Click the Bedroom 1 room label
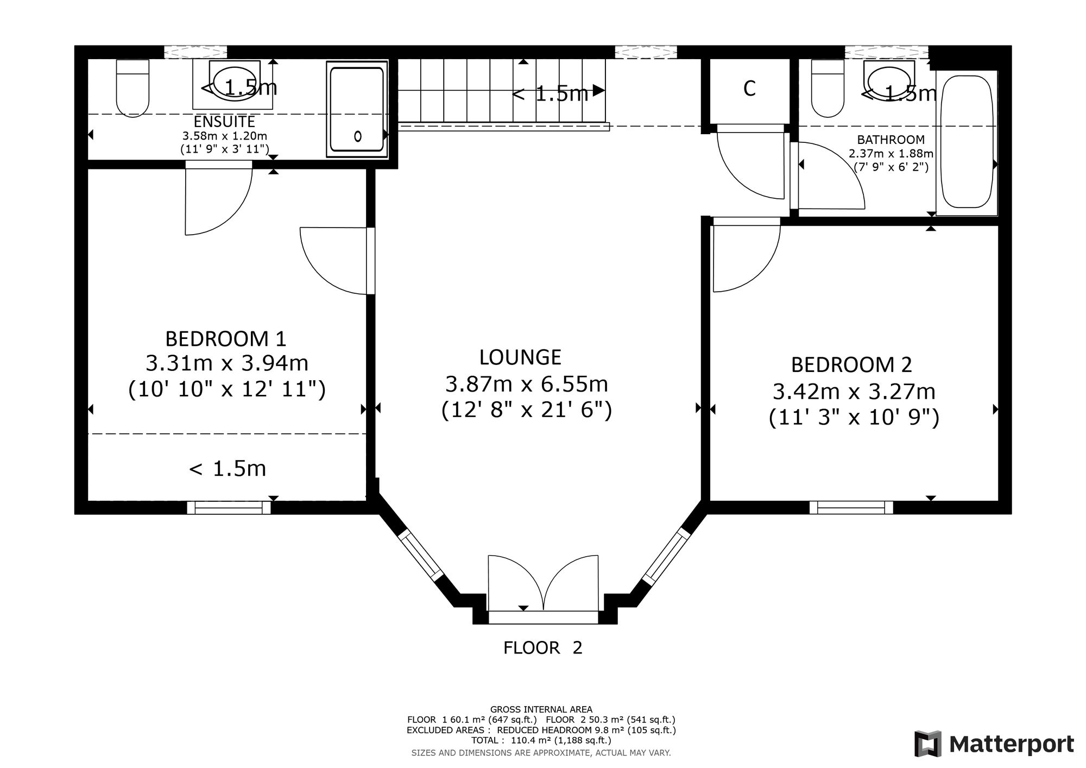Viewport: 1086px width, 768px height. (225, 339)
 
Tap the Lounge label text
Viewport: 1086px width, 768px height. (520, 357)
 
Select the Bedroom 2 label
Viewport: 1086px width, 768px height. (851, 364)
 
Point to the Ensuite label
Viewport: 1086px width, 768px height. (224, 122)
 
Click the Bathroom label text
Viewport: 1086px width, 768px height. (891, 140)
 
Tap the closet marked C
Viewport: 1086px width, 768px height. (749, 89)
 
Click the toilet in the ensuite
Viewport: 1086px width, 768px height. (132, 88)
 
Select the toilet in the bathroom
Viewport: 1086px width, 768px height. (828, 88)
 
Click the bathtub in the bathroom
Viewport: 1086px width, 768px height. (967, 142)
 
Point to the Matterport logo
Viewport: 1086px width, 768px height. (994, 744)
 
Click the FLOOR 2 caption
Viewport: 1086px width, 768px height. (542, 648)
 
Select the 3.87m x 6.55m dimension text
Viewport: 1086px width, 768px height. (526, 384)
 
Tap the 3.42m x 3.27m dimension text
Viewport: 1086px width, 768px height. (854, 391)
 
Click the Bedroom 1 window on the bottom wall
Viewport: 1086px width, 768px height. (229, 507)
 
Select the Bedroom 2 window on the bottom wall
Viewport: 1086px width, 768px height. (851, 507)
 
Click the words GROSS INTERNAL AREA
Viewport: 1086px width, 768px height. (541, 709)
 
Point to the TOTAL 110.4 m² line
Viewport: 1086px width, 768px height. (541, 740)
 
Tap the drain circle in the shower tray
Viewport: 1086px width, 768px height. (358, 136)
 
